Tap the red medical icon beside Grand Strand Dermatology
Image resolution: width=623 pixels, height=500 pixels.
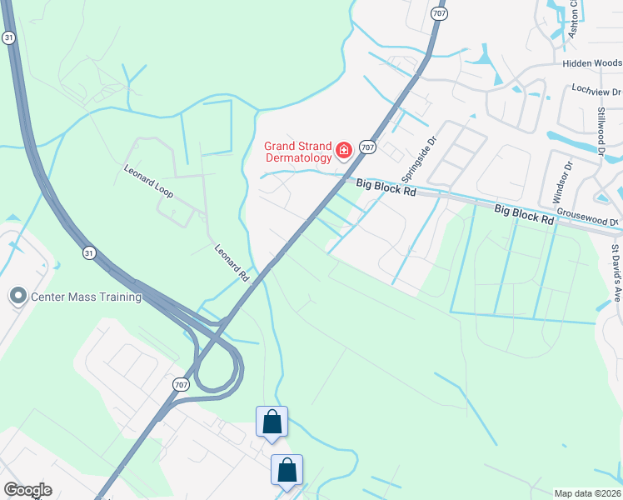click(343, 150)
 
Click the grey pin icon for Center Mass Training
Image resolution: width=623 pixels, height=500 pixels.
click(17, 296)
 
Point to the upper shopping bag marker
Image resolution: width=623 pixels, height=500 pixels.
click(272, 422)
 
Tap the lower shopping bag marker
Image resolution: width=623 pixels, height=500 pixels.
click(287, 470)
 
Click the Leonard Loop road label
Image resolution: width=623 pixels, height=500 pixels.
click(148, 180)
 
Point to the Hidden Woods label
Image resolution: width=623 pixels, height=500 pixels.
click(591, 63)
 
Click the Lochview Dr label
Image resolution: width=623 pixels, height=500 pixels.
click(596, 90)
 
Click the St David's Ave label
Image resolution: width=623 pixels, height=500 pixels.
click(616, 272)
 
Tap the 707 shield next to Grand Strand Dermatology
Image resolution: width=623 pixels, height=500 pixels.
click(369, 147)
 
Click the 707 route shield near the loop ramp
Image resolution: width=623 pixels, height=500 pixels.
click(182, 384)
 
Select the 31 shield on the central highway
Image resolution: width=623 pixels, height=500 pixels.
click(89, 252)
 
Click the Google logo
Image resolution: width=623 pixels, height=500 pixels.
click(27, 490)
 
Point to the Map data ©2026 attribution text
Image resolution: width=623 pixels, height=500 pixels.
click(587, 493)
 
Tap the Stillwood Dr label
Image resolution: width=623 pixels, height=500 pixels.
click(600, 125)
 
